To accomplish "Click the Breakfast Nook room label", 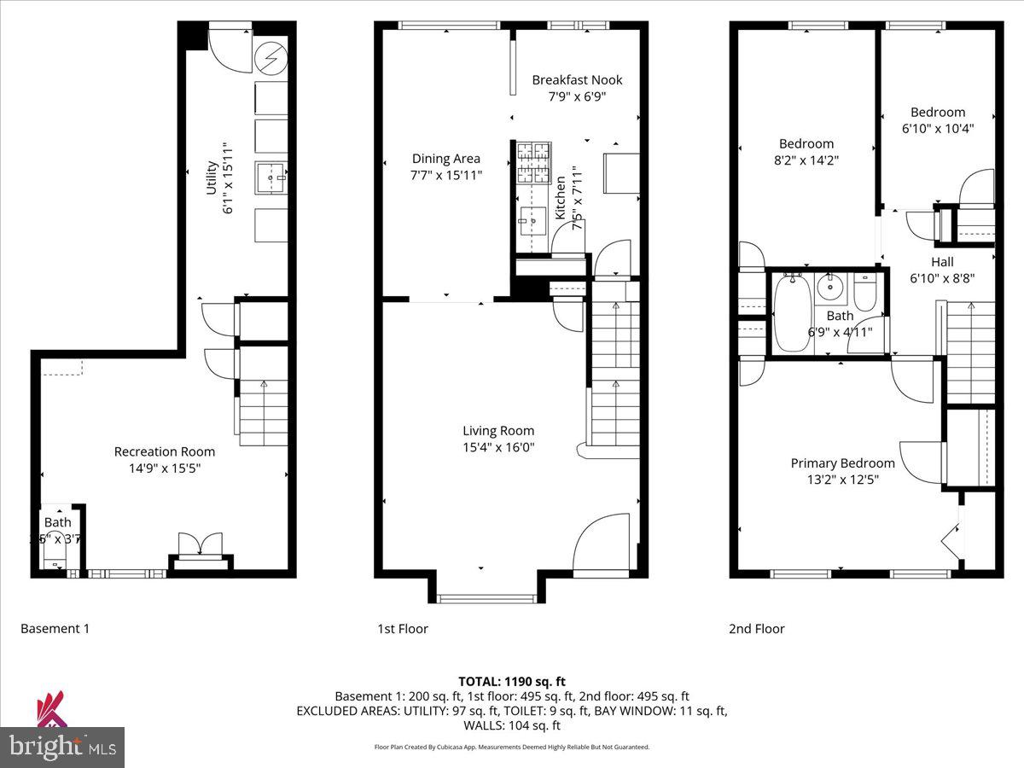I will point(577,80).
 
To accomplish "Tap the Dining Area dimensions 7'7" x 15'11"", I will point(445,175).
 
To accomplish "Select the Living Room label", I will point(498,431).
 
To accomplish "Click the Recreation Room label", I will point(165,451).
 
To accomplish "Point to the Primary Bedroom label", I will point(842,463).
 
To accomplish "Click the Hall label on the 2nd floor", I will point(942,262).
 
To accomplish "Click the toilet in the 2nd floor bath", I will point(865,293).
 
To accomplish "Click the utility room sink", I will point(271,179).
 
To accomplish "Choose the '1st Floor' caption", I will point(403,629).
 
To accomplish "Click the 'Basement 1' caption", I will point(55,629).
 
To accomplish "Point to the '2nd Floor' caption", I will point(756,629).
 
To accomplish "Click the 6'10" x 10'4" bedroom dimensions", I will point(938,129).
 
